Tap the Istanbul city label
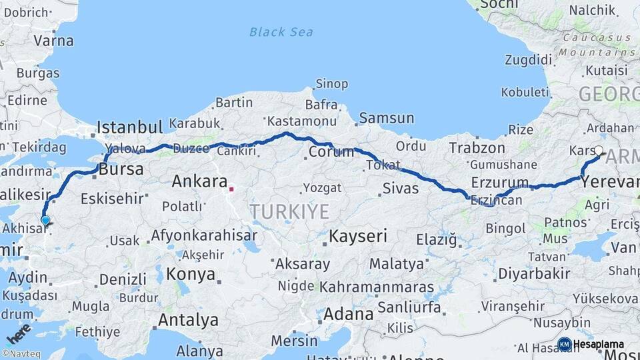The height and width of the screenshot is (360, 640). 130,127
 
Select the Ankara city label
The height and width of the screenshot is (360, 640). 199,181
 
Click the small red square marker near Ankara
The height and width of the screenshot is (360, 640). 231,189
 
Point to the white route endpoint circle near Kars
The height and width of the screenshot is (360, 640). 599,151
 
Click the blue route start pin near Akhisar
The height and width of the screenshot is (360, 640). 45,220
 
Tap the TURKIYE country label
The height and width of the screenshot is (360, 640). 289,212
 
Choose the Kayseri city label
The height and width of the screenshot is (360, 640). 358,236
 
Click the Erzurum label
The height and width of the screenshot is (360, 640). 499,182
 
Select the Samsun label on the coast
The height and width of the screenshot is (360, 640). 387,119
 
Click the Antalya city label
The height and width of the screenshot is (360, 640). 188,320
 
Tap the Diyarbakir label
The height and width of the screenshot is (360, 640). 534,273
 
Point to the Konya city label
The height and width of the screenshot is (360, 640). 191,274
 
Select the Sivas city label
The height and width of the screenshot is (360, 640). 400,189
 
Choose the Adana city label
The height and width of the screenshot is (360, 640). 349,313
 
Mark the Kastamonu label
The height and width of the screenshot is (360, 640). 301,121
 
